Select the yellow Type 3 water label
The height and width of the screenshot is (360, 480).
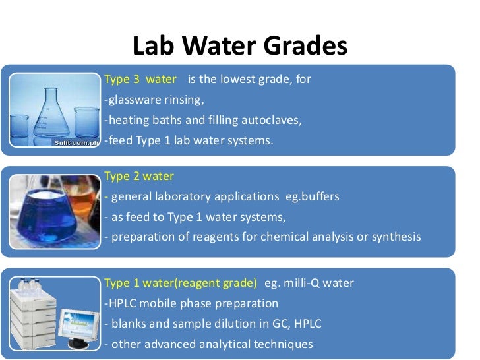tap(140, 79)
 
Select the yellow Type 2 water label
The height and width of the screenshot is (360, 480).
tap(139, 176)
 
